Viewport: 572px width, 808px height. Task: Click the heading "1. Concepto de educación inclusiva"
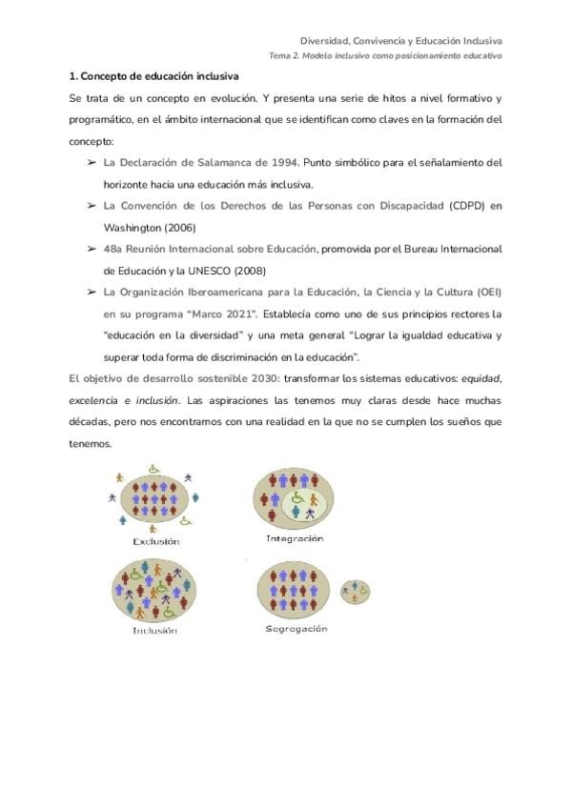(x=153, y=75)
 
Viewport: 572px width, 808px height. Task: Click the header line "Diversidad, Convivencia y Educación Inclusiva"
(x=401, y=41)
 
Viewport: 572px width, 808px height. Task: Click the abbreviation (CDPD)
(x=463, y=206)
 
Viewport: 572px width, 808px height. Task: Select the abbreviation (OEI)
(x=484, y=292)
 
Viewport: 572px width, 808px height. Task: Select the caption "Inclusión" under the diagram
(x=154, y=630)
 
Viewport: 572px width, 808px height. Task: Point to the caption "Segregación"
(x=297, y=628)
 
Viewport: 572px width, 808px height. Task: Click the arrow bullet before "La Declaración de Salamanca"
(x=92, y=162)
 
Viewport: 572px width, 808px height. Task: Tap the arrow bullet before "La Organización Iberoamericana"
(x=92, y=293)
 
